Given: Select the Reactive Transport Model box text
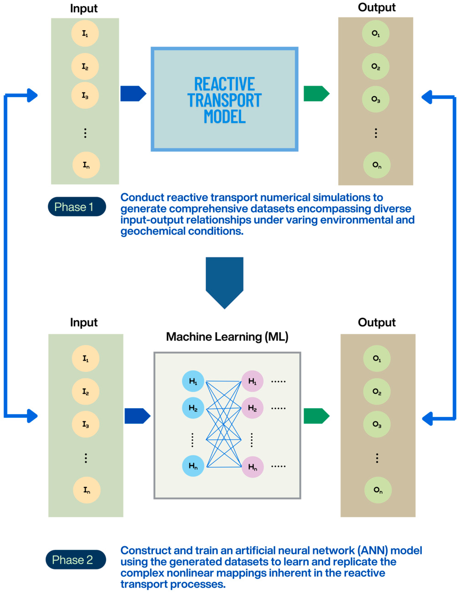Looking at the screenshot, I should pyautogui.click(x=224, y=100).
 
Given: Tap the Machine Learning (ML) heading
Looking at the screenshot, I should pyautogui.click(x=227, y=337).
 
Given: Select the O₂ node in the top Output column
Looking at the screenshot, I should pyautogui.click(x=376, y=66).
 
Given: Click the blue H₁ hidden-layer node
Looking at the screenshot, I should pyautogui.click(x=193, y=381).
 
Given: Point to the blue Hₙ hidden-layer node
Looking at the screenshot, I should pyautogui.click(x=193, y=466).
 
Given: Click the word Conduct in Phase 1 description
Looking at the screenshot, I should pyautogui.click(x=142, y=197).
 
